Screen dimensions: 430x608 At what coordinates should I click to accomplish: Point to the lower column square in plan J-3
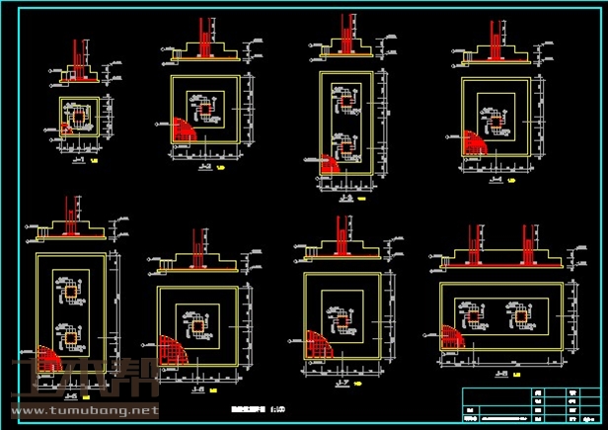[345, 147]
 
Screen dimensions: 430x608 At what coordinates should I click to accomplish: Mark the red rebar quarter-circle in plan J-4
[473, 141]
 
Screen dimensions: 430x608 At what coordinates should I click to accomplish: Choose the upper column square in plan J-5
[71, 294]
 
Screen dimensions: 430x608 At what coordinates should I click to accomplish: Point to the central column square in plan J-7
[341, 316]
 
